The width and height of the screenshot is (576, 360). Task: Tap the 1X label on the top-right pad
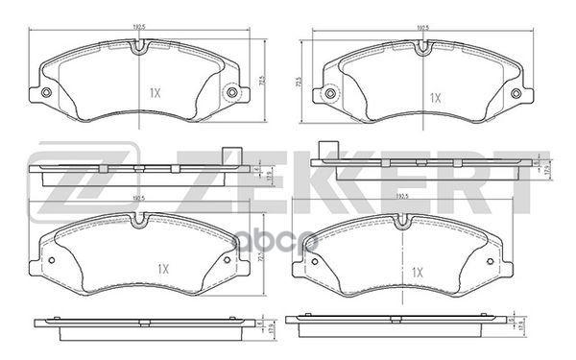tap(435, 97)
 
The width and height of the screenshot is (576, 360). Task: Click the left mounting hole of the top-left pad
tap(45, 93)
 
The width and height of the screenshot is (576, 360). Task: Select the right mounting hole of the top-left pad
tap(230, 93)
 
